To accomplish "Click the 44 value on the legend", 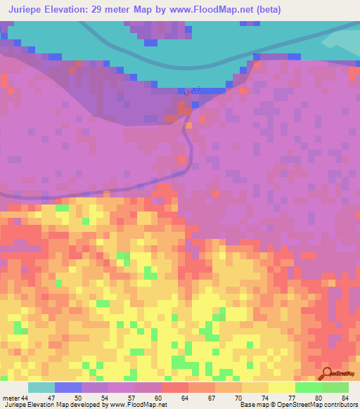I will pos(25,398).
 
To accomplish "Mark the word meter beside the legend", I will pos(11,398).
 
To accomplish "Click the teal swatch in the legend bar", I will pos(41,387).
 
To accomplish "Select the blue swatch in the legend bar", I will pos(68,387).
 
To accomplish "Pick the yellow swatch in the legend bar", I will pos(282,387).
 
